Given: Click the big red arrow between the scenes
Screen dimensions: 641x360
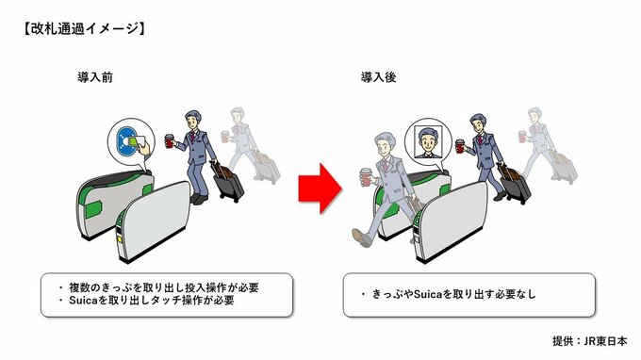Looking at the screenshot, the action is click(320, 188).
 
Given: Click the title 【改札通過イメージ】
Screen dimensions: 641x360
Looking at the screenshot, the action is click(84, 28).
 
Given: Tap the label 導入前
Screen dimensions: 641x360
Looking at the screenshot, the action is click(95, 77).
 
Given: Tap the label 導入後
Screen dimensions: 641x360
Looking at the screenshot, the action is click(379, 77).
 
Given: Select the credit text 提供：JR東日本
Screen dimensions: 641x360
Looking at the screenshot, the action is click(589, 341).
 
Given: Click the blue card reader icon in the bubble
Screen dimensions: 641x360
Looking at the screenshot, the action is click(126, 141).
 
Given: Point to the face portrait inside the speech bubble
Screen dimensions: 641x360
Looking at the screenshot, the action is click(428, 141).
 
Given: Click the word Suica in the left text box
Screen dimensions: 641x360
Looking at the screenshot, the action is click(82, 301).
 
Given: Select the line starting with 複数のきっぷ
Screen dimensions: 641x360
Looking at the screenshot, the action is click(159, 287).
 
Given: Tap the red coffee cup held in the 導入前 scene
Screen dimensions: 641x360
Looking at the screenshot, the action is click(170, 141).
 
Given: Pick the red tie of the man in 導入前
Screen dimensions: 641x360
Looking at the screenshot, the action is click(192, 136).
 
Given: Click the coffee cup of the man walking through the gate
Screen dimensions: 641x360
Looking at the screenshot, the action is click(366, 177).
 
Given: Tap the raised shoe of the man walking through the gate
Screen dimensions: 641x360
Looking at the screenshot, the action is click(361, 237).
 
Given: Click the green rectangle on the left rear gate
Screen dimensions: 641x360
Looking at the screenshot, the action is click(93, 209).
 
